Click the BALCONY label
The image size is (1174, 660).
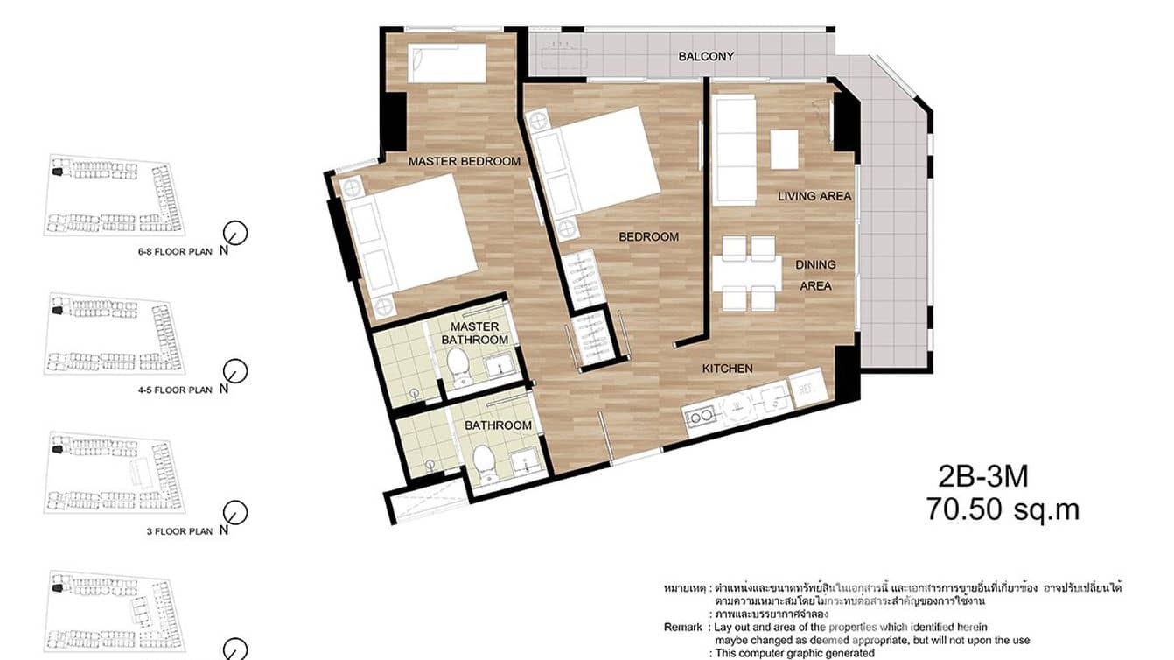point(706,57)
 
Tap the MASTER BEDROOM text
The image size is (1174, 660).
point(464,161)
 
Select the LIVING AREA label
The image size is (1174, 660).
point(814,196)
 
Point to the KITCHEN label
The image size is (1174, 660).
point(727,369)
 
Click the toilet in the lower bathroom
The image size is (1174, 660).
point(483,462)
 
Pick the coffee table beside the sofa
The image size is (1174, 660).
point(785,149)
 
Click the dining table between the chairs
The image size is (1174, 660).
point(746,274)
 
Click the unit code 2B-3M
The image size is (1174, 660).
point(983,477)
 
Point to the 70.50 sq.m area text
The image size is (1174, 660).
point(1003,509)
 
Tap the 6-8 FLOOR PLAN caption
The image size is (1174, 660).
point(175,251)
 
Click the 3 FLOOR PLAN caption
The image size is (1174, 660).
point(180,531)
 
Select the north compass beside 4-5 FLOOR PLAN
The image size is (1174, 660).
point(234,371)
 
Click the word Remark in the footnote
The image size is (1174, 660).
point(682,628)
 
